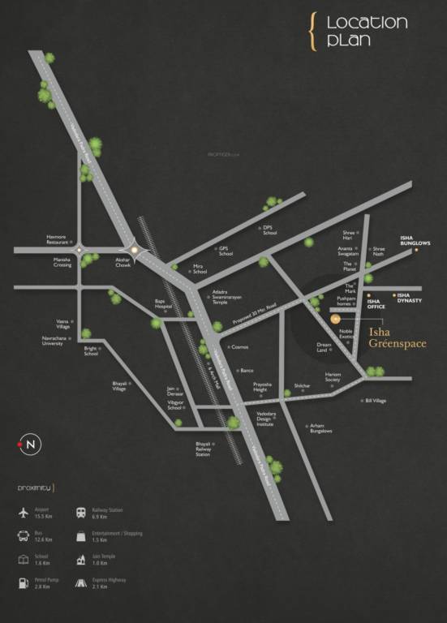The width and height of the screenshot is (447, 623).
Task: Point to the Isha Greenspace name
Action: click(397, 338)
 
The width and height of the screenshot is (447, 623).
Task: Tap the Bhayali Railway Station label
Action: click(203, 449)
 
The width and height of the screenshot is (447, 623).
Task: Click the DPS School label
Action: click(269, 230)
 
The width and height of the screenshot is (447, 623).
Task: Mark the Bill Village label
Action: click(376, 400)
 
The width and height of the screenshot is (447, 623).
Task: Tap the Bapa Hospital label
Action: click(165, 306)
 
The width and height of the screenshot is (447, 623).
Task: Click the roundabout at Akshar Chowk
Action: click(134, 248)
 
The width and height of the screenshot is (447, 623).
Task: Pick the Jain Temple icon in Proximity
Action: click(81, 560)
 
